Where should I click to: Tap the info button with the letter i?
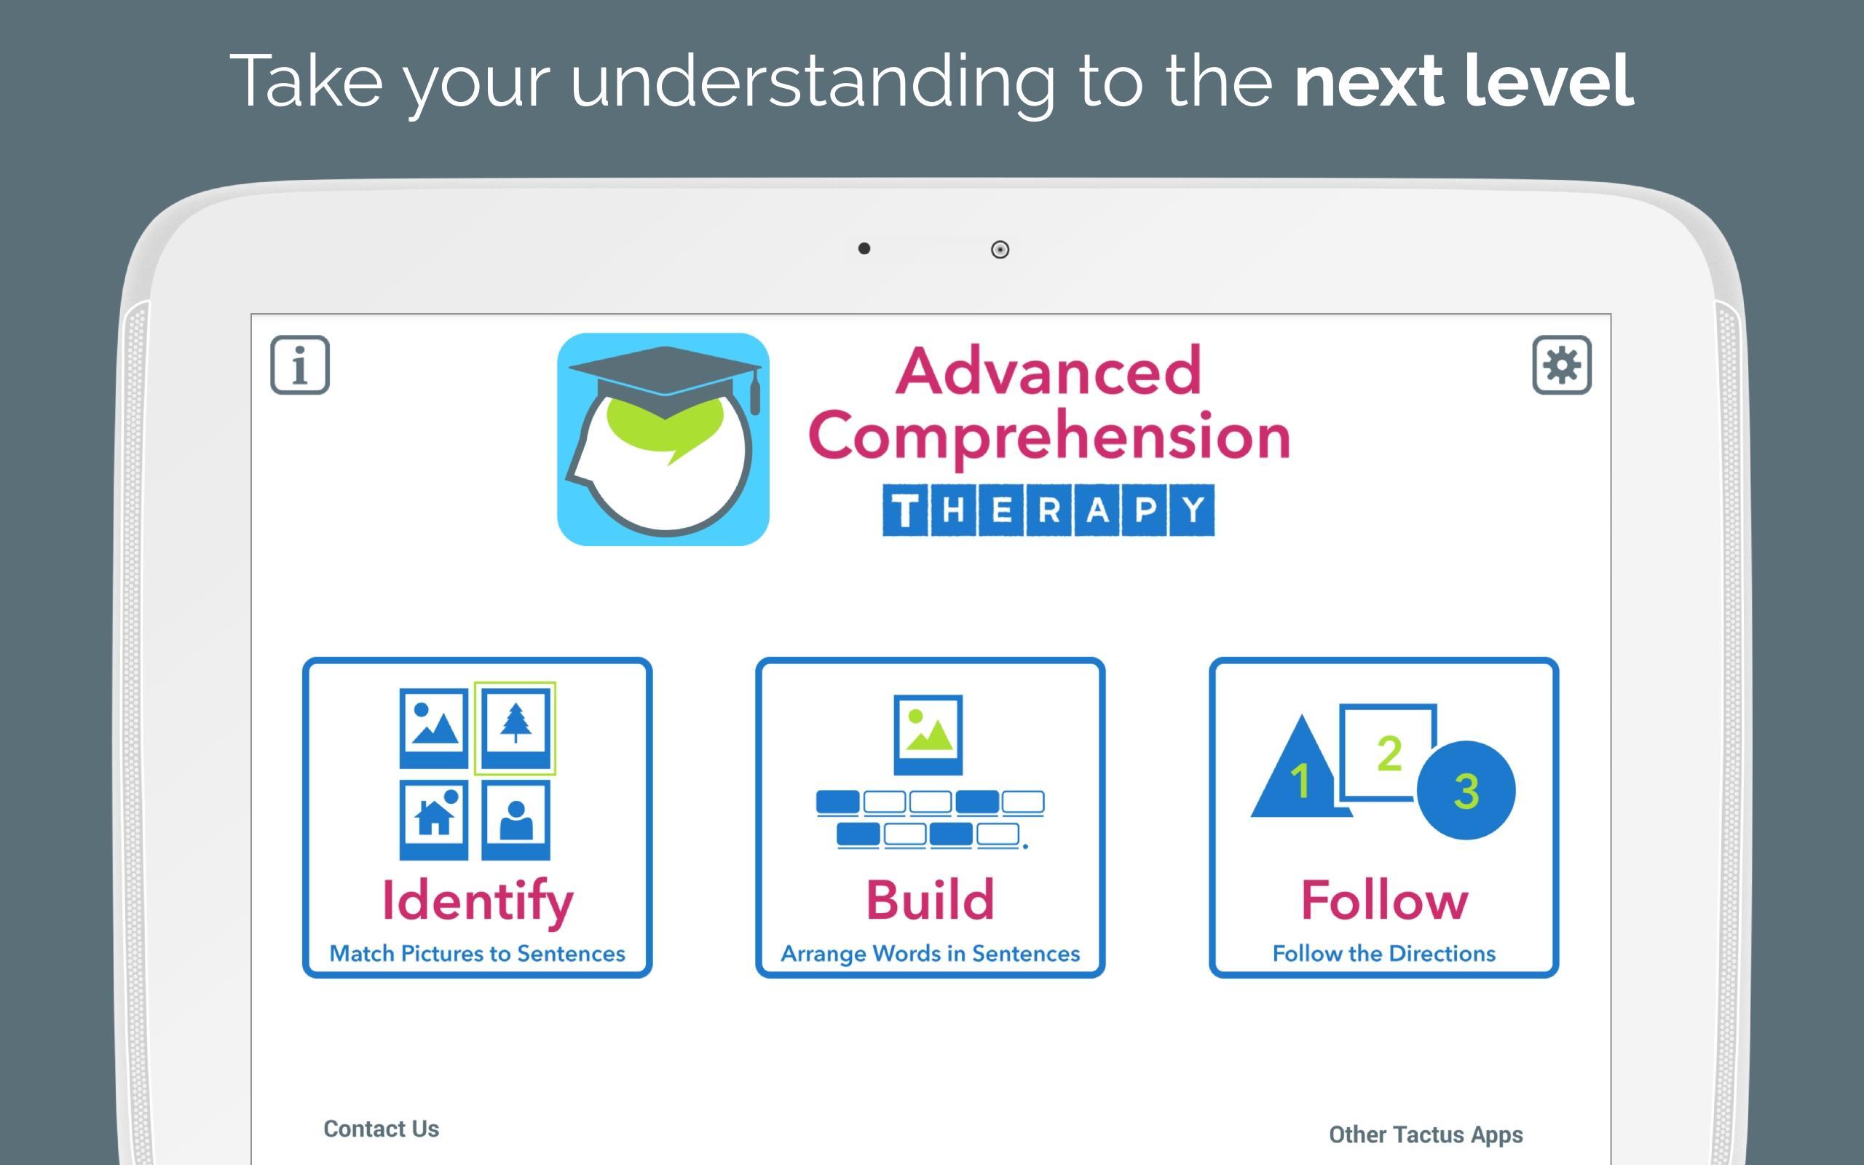click(300, 366)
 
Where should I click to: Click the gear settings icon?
click(1561, 366)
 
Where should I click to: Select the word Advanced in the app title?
click(1048, 371)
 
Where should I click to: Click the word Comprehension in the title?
click(1049, 436)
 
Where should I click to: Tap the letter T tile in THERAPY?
click(905, 510)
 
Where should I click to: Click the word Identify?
click(478, 901)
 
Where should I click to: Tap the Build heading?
click(931, 899)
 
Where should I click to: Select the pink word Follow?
click(1384, 899)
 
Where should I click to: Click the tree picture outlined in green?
click(515, 728)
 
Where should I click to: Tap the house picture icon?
click(434, 820)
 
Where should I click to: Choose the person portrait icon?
click(516, 820)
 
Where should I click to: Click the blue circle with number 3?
click(1466, 791)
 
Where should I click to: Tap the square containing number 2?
click(1386, 751)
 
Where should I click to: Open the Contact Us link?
click(382, 1129)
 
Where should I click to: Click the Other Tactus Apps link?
click(1426, 1135)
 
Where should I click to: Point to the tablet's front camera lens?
click(1000, 250)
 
